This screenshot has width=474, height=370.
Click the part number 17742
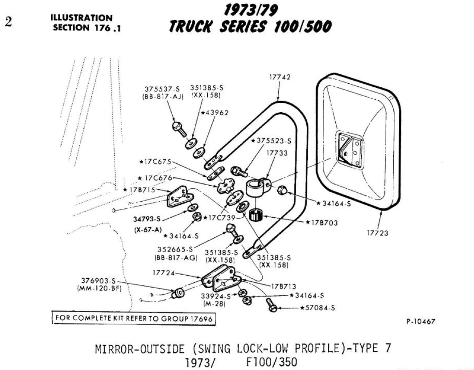(x=280, y=77)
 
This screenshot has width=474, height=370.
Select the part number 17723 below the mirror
(x=378, y=233)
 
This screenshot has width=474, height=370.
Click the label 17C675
(x=155, y=161)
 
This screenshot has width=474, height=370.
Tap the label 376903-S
(x=98, y=281)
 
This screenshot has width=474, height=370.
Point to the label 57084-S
(x=319, y=308)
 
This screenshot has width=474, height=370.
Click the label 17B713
(x=284, y=286)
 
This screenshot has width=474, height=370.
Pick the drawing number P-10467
(x=420, y=321)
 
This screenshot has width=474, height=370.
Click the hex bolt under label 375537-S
(x=178, y=128)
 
